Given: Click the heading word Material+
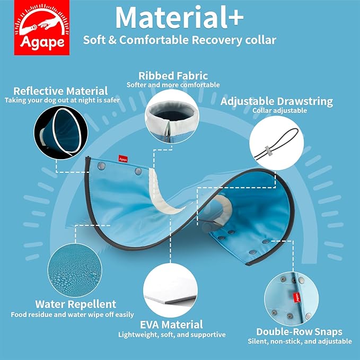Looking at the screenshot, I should [x=180, y=18].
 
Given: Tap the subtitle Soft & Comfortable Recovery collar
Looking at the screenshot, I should [x=180, y=40].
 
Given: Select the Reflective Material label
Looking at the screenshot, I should [x=60, y=91].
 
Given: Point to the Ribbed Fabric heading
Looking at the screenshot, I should [x=173, y=75].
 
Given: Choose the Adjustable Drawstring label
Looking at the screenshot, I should [x=277, y=101].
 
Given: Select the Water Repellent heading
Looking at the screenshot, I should [x=75, y=304].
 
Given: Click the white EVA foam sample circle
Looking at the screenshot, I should [x=172, y=291].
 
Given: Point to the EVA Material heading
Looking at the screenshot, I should [x=172, y=324].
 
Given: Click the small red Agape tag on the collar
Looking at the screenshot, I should [x=122, y=157].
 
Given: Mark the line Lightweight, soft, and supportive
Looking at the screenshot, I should [x=172, y=335].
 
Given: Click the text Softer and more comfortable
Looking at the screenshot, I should [x=173, y=85].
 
